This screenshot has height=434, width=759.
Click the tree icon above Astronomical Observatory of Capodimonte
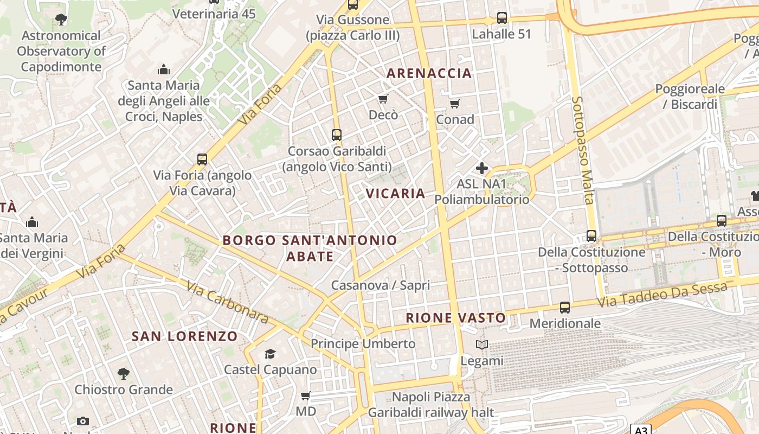(x=61, y=20)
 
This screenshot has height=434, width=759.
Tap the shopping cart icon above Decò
(x=383, y=99)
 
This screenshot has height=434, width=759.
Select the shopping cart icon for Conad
(x=455, y=104)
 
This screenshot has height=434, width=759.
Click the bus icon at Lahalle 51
(x=502, y=18)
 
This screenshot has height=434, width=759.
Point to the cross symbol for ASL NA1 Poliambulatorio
(x=481, y=168)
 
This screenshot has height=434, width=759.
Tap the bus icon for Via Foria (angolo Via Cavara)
(x=202, y=159)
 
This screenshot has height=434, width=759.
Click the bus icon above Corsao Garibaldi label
(x=337, y=135)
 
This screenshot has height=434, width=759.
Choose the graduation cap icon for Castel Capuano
(x=270, y=354)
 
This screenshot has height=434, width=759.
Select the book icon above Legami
(x=481, y=344)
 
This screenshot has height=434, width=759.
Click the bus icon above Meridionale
(x=565, y=308)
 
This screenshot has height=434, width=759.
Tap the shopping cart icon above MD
(x=306, y=396)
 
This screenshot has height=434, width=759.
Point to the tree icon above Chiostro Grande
(x=124, y=374)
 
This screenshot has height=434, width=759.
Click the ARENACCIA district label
(x=429, y=73)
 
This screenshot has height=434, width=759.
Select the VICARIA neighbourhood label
(x=395, y=193)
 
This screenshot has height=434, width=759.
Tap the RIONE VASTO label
(x=456, y=318)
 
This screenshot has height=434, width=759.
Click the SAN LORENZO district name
(x=185, y=336)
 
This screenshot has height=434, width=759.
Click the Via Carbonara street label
(x=228, y=303)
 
